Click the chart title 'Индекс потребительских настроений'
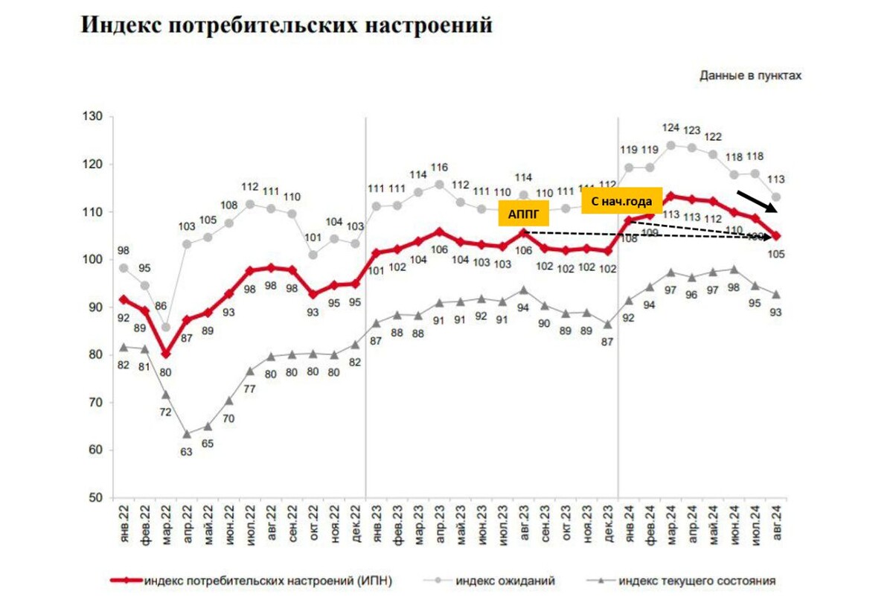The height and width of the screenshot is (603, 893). tap(286, 25)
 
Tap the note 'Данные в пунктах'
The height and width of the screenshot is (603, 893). tap(751, 75)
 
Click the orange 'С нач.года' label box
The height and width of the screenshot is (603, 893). tap(621, 200)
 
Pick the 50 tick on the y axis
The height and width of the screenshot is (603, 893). tap(95, 497)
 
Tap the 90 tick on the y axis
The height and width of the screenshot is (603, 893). tap(95, 307)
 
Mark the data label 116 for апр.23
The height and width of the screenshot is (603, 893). tap(439, 167)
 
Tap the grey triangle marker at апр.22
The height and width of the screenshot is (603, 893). tap(186, 434)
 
